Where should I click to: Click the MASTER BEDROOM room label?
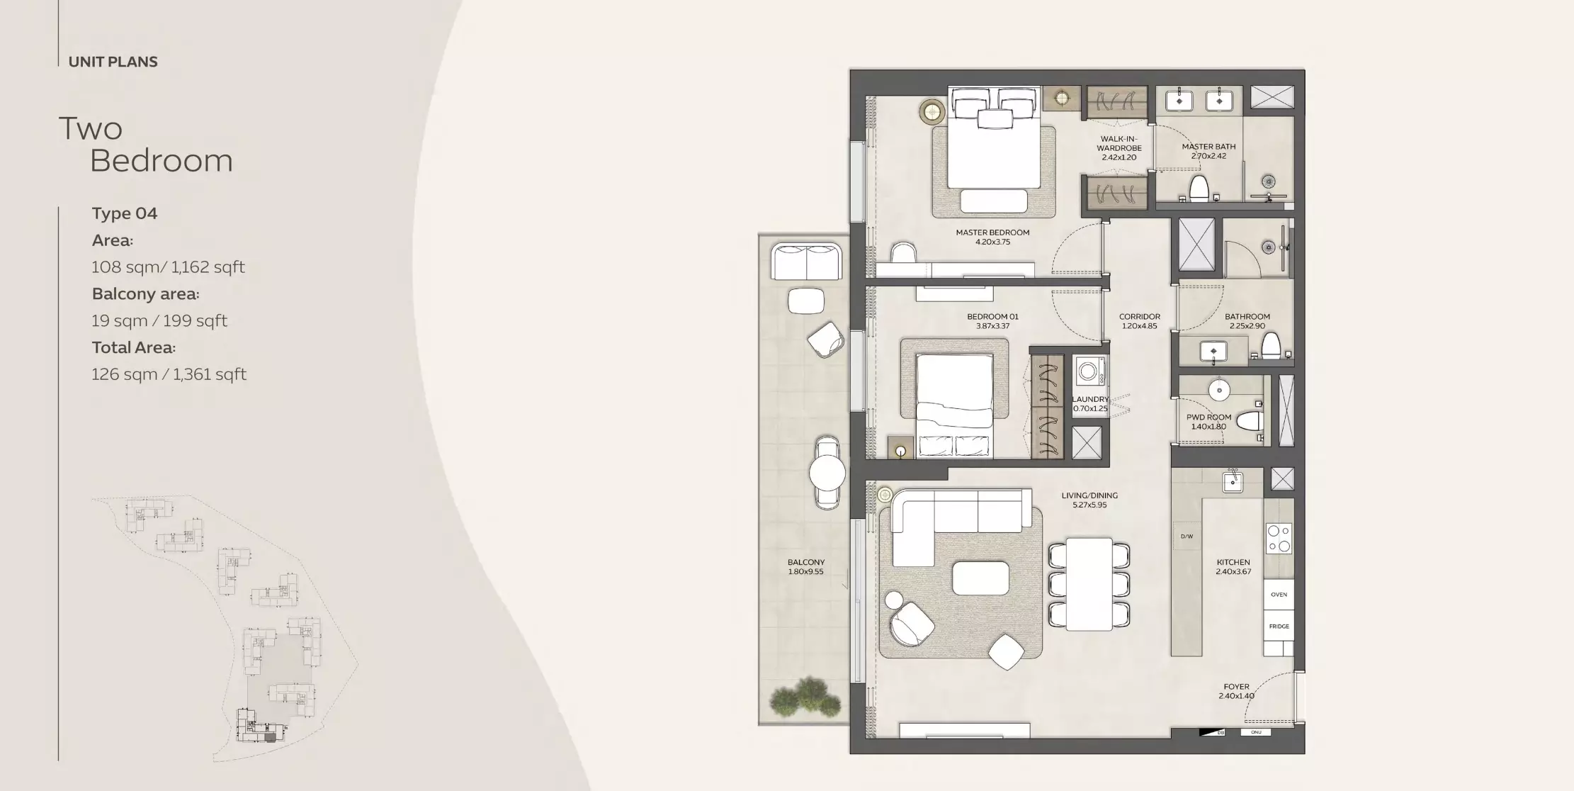(992, 232)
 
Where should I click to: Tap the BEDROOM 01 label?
(992, 317)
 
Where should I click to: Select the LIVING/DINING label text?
(1089, 495)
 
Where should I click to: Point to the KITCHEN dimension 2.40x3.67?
(1233, 571)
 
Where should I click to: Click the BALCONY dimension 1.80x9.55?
(805, 571)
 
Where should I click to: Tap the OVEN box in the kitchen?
(1278, 595)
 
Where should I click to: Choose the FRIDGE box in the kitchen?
(1278, 627)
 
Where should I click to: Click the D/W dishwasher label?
(1187, 537)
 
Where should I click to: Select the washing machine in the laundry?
(1088, 371)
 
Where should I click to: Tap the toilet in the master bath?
(1198, 189)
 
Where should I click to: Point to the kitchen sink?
(1233, 482)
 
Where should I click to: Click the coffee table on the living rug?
(980, 578)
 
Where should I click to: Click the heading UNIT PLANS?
(113, 62)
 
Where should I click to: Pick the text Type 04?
(125, 213)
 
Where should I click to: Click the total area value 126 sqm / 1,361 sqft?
(169, 374)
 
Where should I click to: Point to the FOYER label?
(1236, 687)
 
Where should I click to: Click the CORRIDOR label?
(1139, 317)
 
